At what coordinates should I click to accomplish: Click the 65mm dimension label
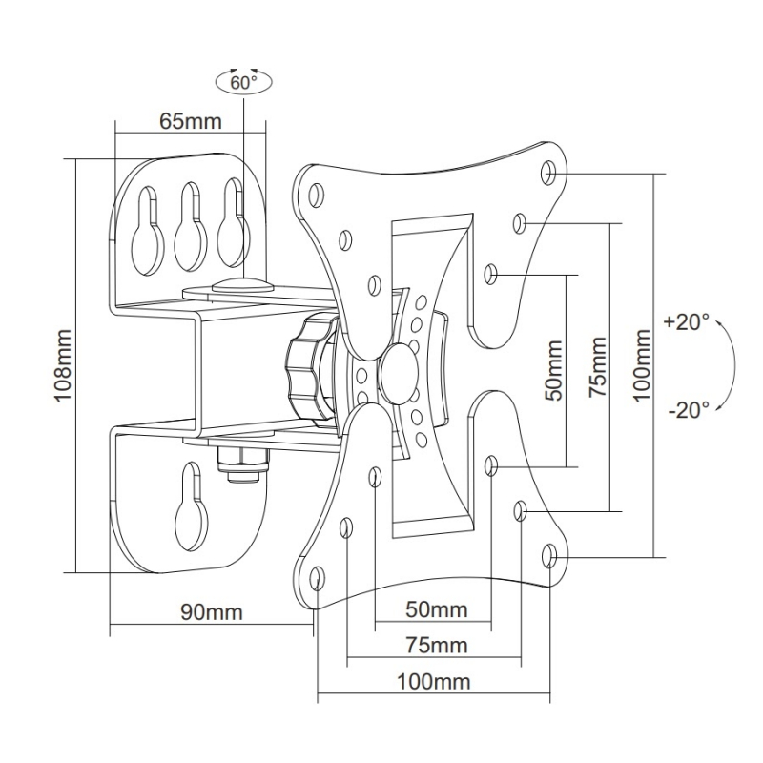(x=191, y=121)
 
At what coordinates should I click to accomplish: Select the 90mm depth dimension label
(x=212, y=611)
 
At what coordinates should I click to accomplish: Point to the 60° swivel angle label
(x=244, y=83)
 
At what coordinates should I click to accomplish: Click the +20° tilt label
(x=687, y=321)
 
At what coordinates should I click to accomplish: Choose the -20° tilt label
(x=688, y=410)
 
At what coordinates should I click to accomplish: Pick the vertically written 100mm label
(x=640, y=365)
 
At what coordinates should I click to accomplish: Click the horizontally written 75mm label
(x=436, y=646)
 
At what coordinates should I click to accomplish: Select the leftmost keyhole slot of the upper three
(x=148, y=228)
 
